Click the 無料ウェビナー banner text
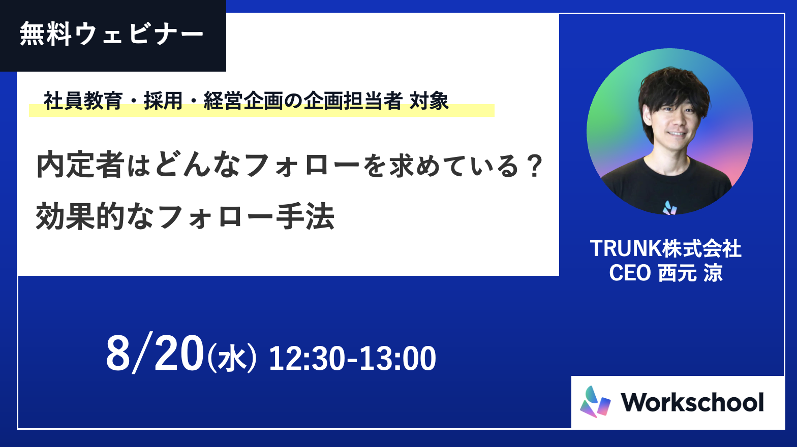click(x=112, y=35)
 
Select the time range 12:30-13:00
click(x=352, y=359)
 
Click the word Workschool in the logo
click(x=692, y=402)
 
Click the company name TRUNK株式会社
click(x=666, y=248)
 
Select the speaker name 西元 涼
click(x=691, y=273)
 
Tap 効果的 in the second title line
click(x=80, y=216)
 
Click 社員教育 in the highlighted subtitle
click(x=83, y=101)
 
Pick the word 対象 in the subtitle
click(x=429, y=101)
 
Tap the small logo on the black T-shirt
click(x=669, y=208)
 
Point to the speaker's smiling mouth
click(x=677, y=134)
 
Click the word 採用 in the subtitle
click(x=163, y=101)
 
